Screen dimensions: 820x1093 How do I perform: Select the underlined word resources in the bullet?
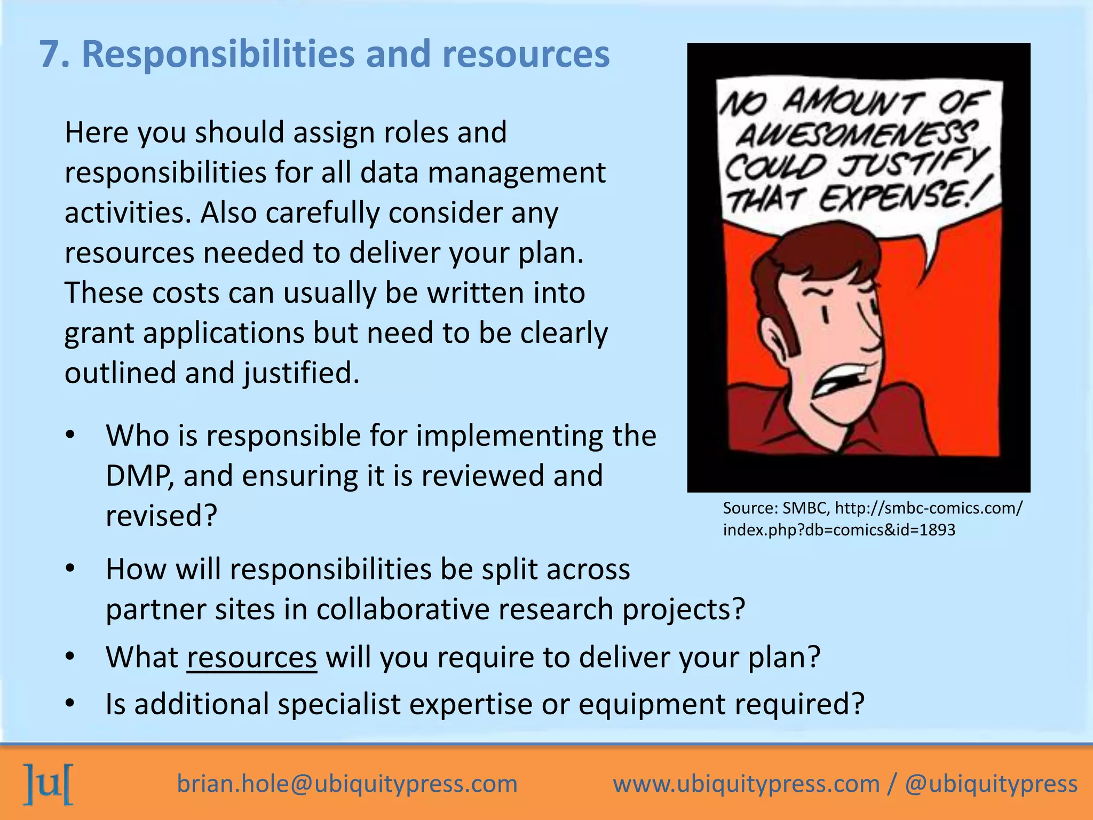point(252,658)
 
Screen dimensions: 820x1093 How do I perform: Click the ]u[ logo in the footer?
point(49,784)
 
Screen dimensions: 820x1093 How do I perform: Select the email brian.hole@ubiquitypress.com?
point(347,784)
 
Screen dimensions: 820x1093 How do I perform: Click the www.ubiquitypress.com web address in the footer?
point(746,784)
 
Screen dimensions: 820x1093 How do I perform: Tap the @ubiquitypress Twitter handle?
point(991,784)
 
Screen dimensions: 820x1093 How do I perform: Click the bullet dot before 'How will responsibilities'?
point(70,569)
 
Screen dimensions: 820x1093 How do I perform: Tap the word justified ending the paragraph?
point(302,373)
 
